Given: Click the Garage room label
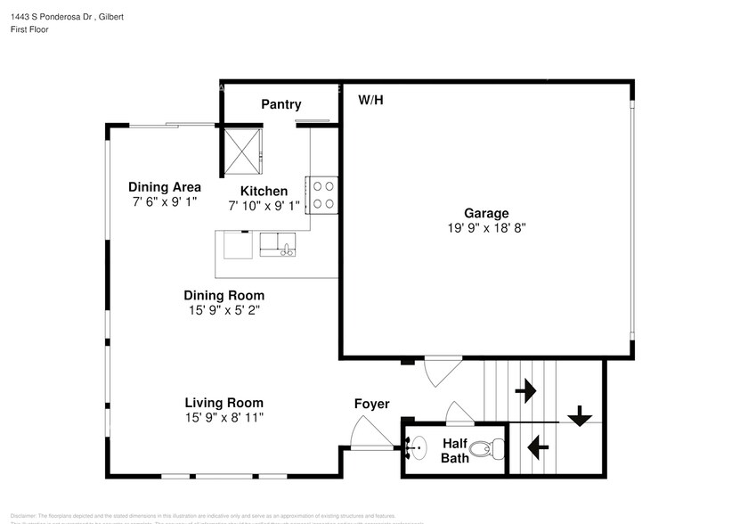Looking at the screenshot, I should (486, 213).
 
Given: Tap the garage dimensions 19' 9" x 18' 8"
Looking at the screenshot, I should (486, 227).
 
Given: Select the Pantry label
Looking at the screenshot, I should (281, 104).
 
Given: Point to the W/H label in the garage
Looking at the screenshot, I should (370, 100).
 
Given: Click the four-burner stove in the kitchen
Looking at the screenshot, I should (323, 195).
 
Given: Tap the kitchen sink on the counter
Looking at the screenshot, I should (279, 243).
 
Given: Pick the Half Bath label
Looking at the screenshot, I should (455, 451).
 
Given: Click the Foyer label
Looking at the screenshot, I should (371, 404).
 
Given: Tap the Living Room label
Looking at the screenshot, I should (224, 403).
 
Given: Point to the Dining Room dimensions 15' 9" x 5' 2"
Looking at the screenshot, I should (224, 310).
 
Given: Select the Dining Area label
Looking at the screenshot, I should (164, 187).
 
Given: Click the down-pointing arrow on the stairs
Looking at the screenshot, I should (580, 415).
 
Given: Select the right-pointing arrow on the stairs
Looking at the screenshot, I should (525, 389).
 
